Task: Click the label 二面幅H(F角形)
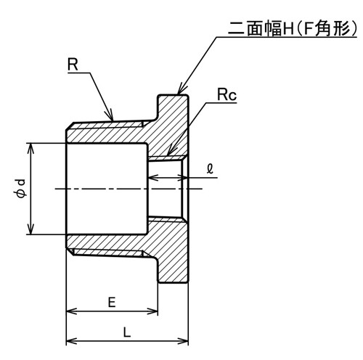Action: pos(293,28)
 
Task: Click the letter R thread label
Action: pos(73,65)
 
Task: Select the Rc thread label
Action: pos(227,94)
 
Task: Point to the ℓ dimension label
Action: pos(210,168)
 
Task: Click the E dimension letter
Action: pos(112,302)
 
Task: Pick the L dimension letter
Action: pos(127,332)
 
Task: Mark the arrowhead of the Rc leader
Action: pos(171,150)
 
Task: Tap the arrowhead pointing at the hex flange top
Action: pos(180,89)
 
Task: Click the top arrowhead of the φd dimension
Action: pos(30,148)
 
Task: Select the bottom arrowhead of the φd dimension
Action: pos(30,229)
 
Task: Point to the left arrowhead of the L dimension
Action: pos(72,341)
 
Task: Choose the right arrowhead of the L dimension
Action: pos(183,341)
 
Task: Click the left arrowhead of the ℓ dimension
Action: pos(153,178)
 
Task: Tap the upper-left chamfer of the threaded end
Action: pos(69,126)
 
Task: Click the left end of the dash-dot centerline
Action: pos(55,189)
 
